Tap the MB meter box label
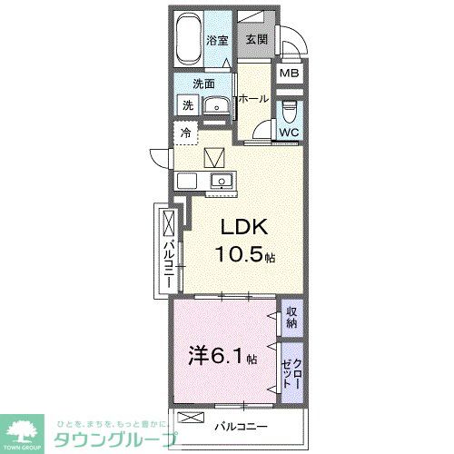pyautogui.click(x=289, y=74)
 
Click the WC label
pyautogui.click(x=289, y=133)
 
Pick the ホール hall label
pyautogui.click(x=253, y=99)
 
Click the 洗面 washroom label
pyautogui.click(x=202, y=84)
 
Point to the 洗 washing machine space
pyautogui.click(x=187, y=105)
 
